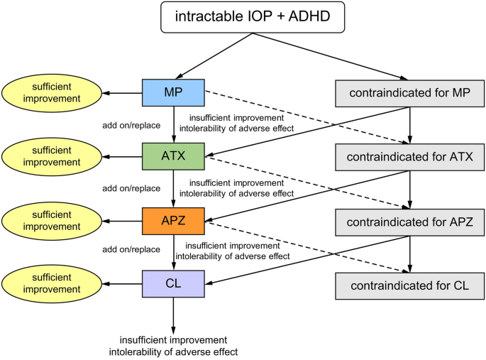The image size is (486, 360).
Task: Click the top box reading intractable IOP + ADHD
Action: [x=253, y=16]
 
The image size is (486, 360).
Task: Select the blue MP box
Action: [x=173, y=92]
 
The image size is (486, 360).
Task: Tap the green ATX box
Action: [x=173, y=156]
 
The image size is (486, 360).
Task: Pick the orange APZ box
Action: [x=173, y=221]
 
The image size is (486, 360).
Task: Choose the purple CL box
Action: [x=173, y=283]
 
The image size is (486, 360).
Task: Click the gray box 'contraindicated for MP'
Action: [x=409, y=92]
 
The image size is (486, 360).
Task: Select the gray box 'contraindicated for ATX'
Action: [x=409, y=156]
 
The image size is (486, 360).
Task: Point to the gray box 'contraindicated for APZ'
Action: [x=409, y=222]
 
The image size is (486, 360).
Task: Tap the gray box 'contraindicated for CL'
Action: [x=409, y=285]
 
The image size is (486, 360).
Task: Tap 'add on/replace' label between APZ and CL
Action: [x=131, y=249]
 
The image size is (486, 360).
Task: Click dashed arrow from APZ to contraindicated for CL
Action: [x=305, y=246]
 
